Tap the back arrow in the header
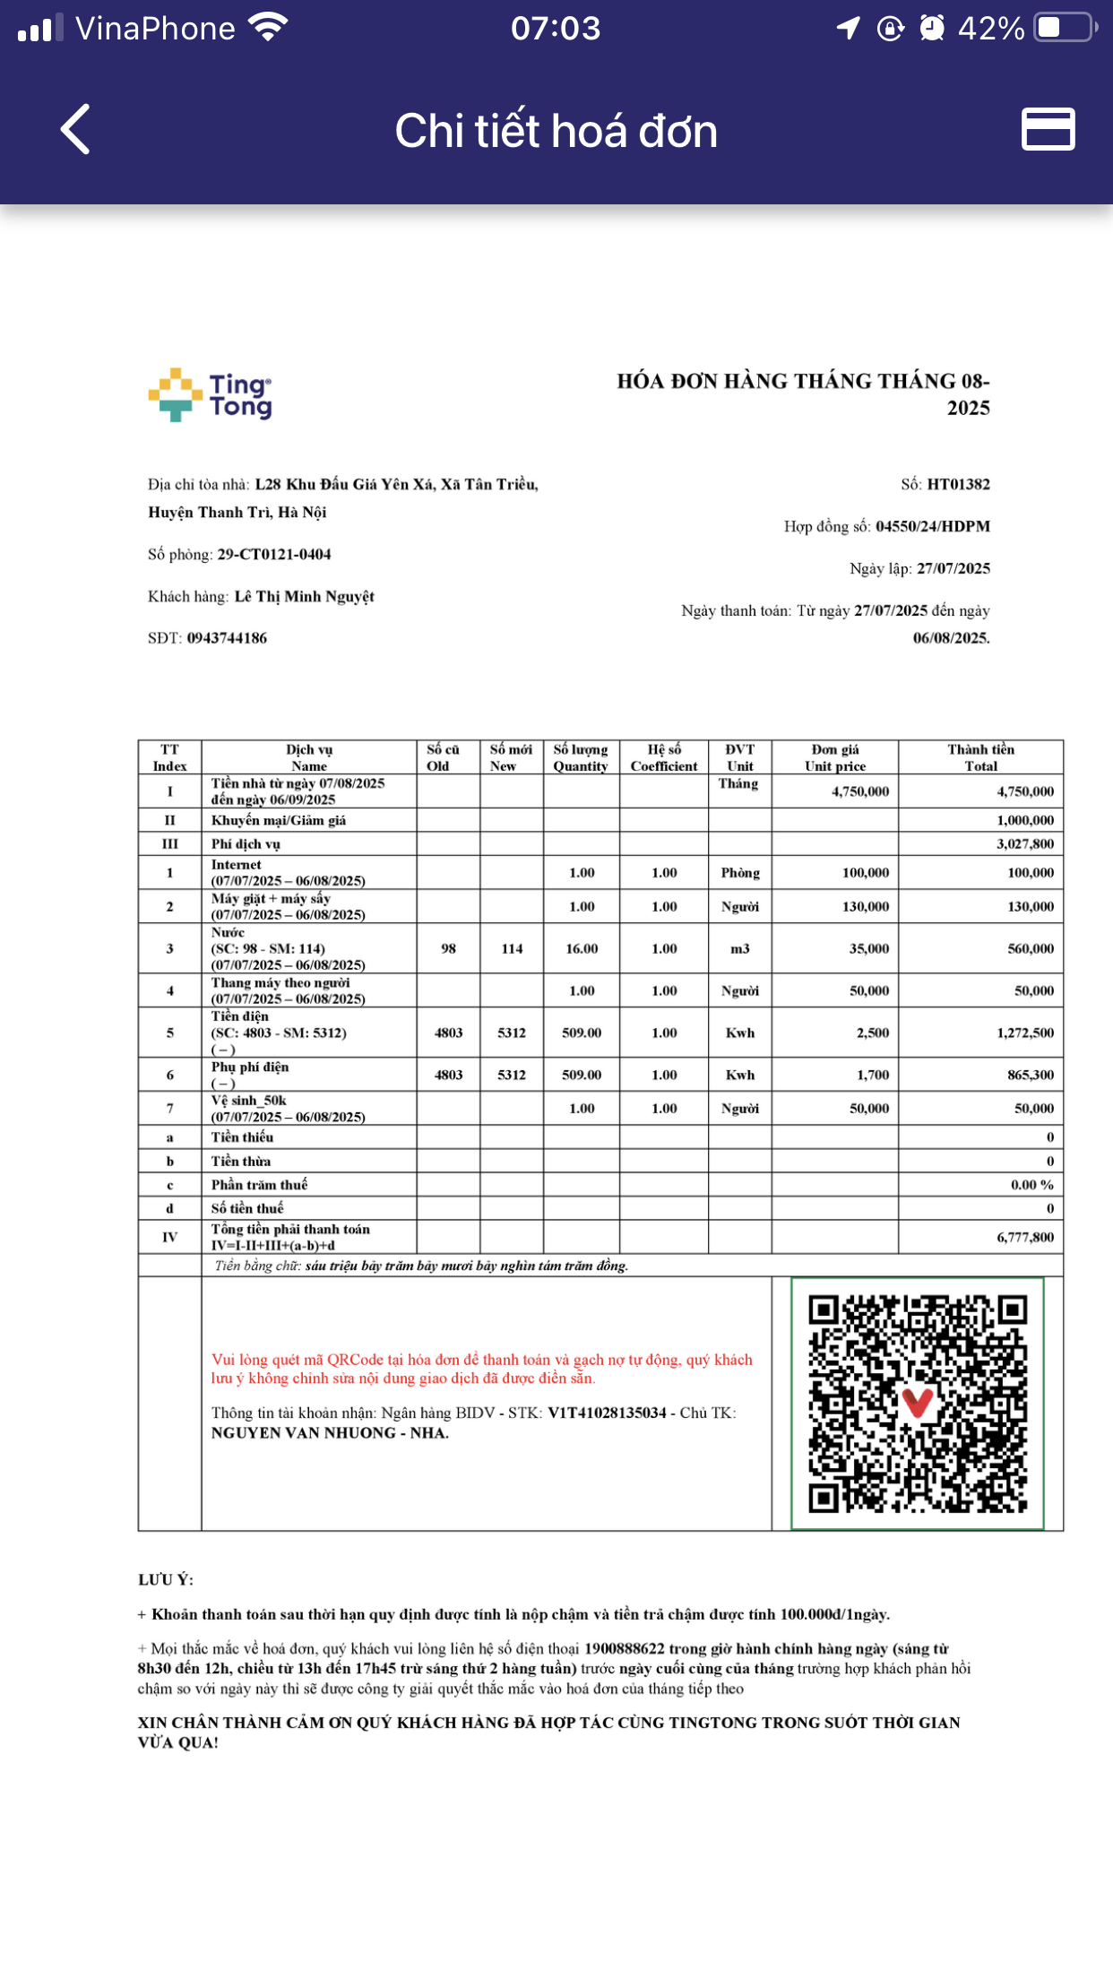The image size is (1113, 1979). (x=75, y=130)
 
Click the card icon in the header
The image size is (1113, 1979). (x=1048, y=129)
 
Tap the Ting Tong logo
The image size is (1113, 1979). (x=211, y=395)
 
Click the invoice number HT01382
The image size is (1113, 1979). (x=958, y=485)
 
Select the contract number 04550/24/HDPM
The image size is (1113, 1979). (x=932, y=527)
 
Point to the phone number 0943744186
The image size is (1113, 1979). (x=227, y=638)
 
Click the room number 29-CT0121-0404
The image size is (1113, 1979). (x=274, y=555)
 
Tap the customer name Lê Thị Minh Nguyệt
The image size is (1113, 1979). (x=304, y=597)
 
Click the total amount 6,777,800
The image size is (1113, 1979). (x=1024, y=1238)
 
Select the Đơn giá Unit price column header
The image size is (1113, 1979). (x=834, y=757)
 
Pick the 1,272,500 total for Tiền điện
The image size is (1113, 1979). (x=1024, y=1033)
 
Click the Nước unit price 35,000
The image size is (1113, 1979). (x=868, y=949)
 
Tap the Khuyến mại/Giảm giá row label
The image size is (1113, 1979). (x=279, y=821)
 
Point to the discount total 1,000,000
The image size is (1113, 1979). (x=1024, y=821)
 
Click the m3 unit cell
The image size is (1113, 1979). (x=739, y=949)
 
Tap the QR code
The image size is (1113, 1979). (x=917, y=1404)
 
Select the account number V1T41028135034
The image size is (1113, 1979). (x=607, y=1413)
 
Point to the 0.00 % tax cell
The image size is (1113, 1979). (x=1031, y=1186)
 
